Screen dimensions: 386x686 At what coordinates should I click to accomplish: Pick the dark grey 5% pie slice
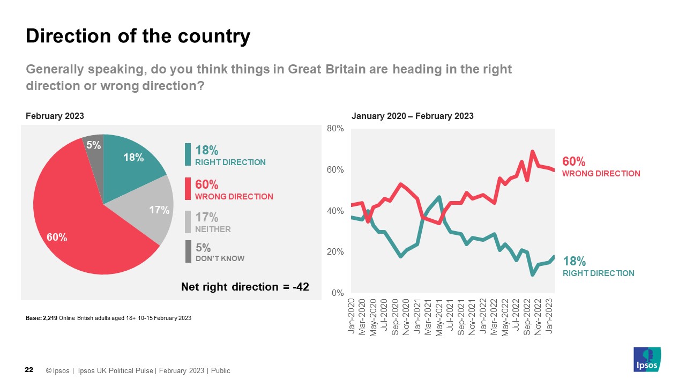[x=93, y=145]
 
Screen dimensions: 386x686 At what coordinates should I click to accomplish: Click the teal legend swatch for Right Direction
[x=188, y=154]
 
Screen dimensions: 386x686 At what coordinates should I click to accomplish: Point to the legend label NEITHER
[x=213, y=229]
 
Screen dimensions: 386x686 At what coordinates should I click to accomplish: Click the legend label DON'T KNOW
[x=220, y=258]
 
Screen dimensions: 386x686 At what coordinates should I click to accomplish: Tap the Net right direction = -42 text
[x=245, y=287]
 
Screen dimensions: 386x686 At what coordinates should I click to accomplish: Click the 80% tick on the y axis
[x=335, y=129]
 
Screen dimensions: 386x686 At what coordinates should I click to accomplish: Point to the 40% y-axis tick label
[x=335, y=211]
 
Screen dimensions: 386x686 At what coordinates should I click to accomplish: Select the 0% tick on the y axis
[x=337, y=293]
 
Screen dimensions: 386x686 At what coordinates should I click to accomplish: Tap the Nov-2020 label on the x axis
[x=406, y=316]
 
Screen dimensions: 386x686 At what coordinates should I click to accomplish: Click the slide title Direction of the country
[x=138, y=36]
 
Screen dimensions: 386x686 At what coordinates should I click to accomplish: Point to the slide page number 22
[x=29, y=370]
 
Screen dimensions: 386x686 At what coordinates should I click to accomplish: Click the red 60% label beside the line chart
[x=573, y=161]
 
